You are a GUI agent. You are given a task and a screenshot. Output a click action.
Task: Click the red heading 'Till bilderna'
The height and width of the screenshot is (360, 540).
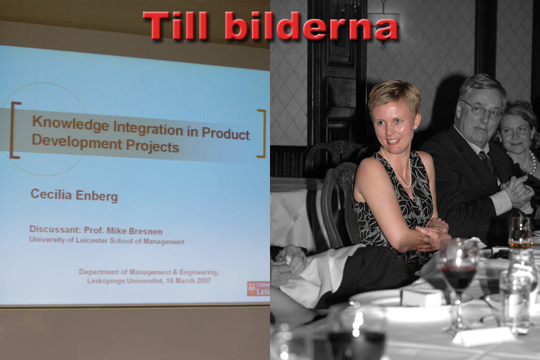(x=270, y=26)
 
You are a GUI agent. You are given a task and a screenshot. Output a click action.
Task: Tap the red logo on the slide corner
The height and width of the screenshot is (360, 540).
(x=258, y=288)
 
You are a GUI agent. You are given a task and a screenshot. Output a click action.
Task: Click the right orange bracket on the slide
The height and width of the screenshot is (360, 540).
(x=261, y=134)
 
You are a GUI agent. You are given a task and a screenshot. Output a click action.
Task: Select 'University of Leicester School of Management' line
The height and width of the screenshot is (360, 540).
(x=106, y=240)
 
